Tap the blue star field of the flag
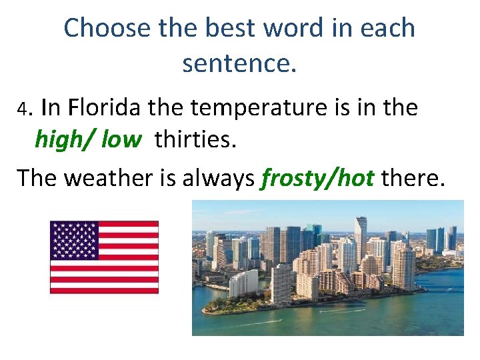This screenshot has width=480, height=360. [75, 240]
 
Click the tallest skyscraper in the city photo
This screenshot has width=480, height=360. [361, 240]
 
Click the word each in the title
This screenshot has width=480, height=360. [389, 28]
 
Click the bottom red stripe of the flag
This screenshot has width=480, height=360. [104, 290]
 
